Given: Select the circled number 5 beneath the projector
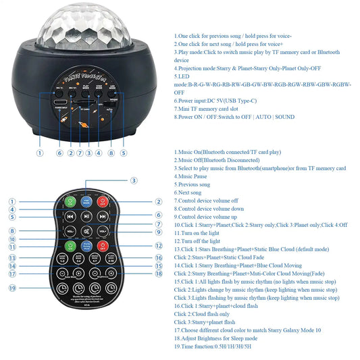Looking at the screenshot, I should click(123, 153).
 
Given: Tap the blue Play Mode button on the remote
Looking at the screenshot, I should click(86, 201).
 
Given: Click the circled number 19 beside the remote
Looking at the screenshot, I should click(12, 288).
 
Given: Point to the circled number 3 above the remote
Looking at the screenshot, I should click(134, 180).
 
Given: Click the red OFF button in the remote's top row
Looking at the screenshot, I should click(103, 201).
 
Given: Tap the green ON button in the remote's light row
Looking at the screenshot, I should click(70, 247).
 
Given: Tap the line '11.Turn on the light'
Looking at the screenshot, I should click(197, 232).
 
